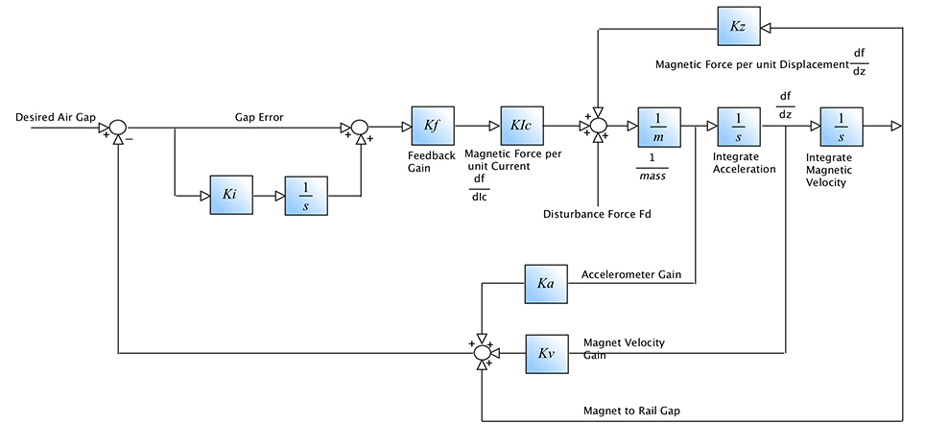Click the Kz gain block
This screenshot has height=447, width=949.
point(739,28)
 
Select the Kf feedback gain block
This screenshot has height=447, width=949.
point(432,126)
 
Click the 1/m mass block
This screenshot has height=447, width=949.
point(659,126)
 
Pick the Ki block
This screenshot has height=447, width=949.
point(230,195)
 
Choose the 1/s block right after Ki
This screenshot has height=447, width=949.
point(305,195)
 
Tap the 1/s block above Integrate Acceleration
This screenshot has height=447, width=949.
point(739,126)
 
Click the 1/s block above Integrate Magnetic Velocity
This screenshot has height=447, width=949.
point(841,126)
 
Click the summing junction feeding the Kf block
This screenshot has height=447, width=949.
point(359,127)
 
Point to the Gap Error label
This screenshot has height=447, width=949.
point(258,118)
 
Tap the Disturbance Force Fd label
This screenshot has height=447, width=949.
point(597,213)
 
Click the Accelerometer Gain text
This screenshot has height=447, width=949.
point(630,275)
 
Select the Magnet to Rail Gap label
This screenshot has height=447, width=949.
point(630,411)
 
